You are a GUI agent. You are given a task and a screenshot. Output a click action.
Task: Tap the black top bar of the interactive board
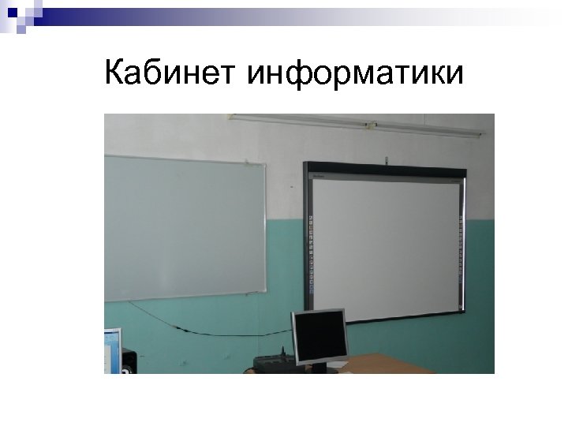pos(385,169)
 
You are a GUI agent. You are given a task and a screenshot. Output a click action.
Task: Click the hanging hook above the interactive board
pos(387,159)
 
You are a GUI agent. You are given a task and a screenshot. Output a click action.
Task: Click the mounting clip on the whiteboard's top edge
pos(246,163)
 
